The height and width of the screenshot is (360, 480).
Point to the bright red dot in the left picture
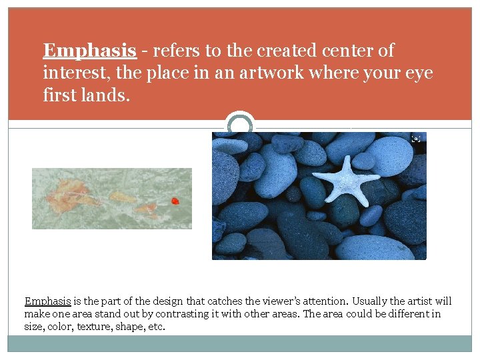175,201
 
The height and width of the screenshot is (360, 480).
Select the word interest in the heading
72,73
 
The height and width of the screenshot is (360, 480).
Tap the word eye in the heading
419,73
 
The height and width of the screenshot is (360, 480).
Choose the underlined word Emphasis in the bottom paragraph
47,301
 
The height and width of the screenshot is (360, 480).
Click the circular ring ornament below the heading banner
240,123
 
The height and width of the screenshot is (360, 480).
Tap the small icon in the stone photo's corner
416,139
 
